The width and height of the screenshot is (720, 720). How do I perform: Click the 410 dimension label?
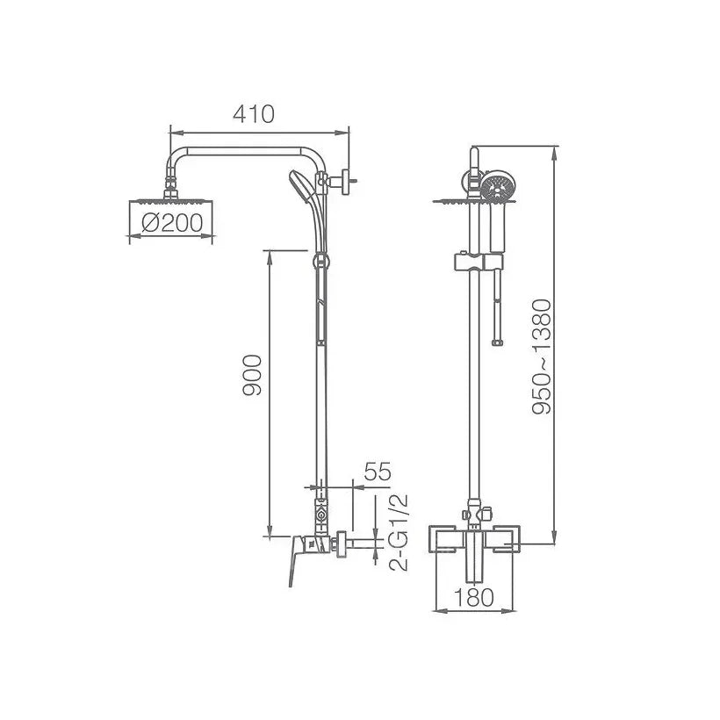(x=254, y=114)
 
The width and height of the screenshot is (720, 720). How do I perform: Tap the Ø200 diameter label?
(x=172, y=223)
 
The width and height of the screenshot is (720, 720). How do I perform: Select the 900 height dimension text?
(x=252, y=375)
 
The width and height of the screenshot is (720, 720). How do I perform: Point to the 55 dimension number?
(x=378, y=472)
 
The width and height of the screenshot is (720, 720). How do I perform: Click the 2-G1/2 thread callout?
(x=398, y=533)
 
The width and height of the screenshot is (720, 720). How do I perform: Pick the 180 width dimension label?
(x=474, y=597)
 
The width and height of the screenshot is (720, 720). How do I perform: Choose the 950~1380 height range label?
(x=542, y=356)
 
